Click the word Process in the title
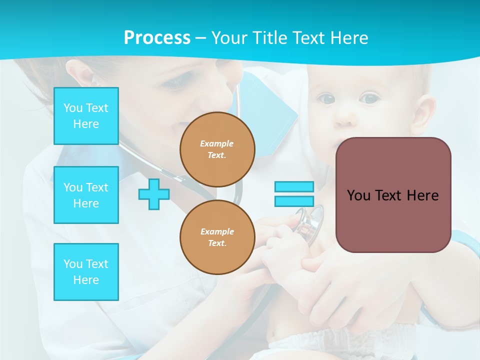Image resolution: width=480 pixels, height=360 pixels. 157,38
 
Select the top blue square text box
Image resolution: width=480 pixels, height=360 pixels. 86,116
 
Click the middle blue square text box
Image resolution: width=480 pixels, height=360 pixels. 86,195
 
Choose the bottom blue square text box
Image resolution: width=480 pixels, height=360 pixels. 86,271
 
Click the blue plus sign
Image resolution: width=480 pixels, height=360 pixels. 154,194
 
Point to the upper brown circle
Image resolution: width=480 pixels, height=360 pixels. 217,149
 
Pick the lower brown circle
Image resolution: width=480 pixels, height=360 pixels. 217,237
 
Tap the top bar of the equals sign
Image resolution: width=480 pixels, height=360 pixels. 294,187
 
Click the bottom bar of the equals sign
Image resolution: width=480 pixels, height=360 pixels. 294,201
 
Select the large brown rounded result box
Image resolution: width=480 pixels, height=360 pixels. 393,195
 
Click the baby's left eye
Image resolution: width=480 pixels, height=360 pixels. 369,98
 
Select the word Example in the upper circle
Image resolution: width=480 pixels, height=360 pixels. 217,143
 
